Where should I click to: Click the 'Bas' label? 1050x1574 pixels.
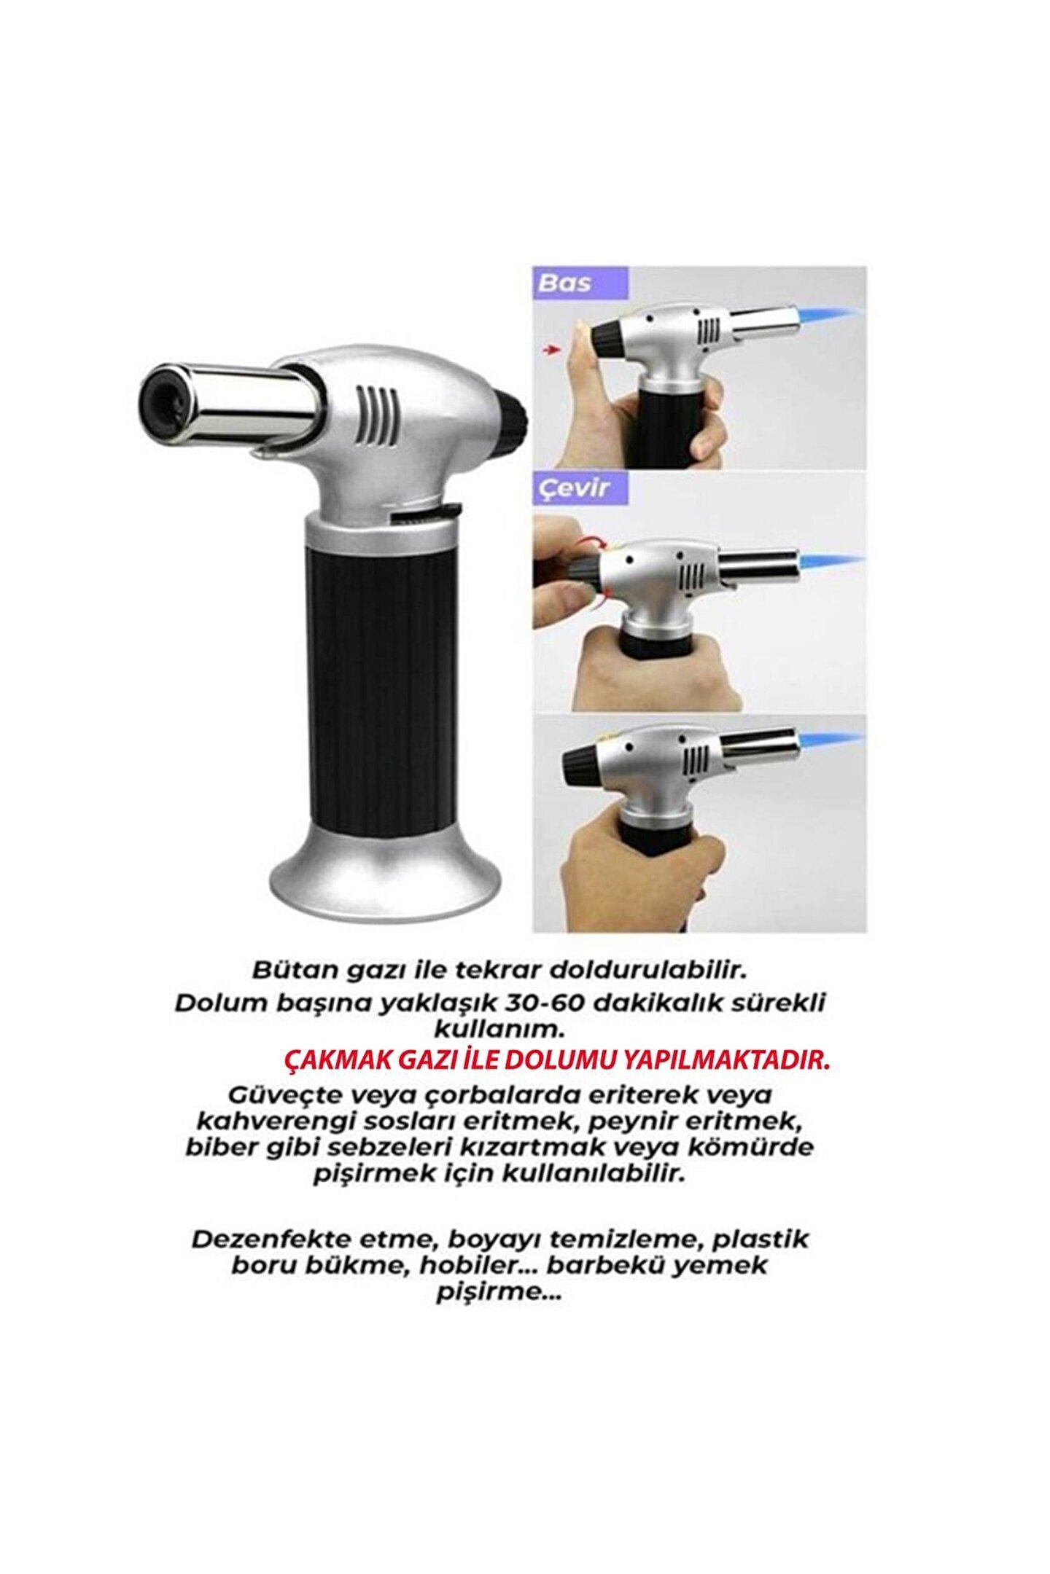coord(565,283)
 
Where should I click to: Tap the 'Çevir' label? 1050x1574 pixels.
coord(573,487)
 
